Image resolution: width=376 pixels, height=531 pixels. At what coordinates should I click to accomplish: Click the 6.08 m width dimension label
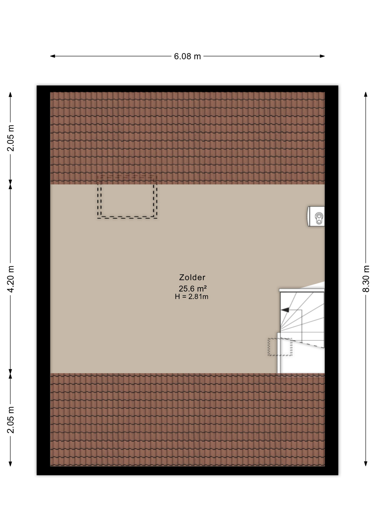[x=187, y=56]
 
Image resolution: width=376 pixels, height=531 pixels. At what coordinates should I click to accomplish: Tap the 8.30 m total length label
[x=366, y=278]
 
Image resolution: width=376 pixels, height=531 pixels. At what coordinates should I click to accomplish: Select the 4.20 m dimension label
[x=11, y=279]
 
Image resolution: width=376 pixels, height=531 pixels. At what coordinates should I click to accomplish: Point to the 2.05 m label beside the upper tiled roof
[x=11, y=138]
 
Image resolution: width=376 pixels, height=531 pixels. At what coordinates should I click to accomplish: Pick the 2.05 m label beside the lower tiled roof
[x=11, y=420]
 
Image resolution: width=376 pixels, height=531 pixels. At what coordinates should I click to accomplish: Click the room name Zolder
[x=192, y=277]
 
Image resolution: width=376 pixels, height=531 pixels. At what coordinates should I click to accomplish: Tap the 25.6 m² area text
[x=193, y=289]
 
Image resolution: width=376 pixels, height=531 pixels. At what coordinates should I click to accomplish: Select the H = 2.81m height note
[x=192, y=297]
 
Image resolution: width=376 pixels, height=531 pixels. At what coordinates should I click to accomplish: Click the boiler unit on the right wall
[x=316, y=216]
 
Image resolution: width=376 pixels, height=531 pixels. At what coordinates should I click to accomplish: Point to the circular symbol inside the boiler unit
[x=319, y=218]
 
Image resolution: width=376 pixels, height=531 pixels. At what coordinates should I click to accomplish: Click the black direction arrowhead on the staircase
[x=285, y=310]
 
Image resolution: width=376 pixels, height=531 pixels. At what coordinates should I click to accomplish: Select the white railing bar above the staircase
[x=302, y=290]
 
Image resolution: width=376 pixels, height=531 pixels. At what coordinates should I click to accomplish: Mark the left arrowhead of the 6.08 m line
[x=53, y=56]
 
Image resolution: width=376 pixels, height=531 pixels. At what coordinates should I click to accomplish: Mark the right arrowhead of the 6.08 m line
[x=322, y=56]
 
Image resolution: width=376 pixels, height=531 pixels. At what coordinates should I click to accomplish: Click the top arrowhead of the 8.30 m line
[x=366, y=94]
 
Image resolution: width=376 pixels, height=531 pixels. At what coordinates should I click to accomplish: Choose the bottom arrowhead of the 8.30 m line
[x=366, y=464]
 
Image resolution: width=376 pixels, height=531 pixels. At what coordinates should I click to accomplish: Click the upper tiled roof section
[x=187, y=138]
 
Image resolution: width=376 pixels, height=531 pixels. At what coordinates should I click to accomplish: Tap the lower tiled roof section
[x=187, y=420]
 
